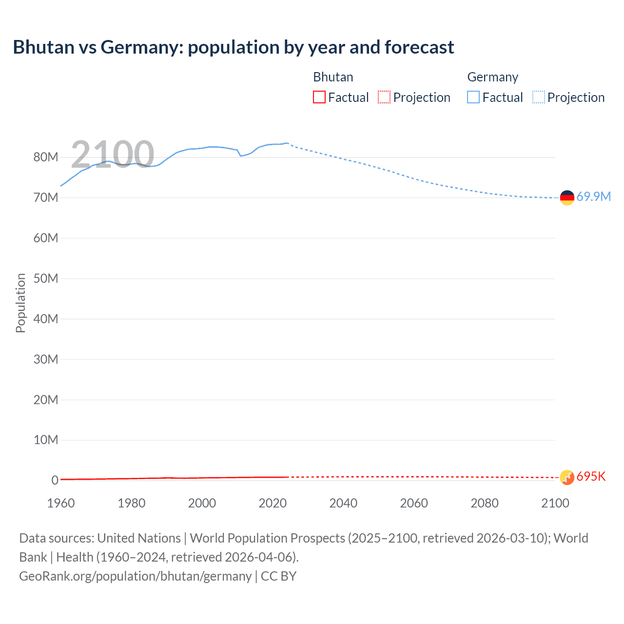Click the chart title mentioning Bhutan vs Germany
tap(233, 47)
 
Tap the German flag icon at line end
tap(567, 197)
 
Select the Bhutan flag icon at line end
tap(567, 477)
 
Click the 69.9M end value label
tap(593, 197)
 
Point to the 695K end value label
tap(591, 477)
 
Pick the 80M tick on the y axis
tap(46, 157)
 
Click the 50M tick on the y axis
tap(46, 278)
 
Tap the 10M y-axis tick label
tap(46, 440)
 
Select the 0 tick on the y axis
tap(55, 480)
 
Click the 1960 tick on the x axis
tap(61, 503)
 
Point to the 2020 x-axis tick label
tap(273, 503)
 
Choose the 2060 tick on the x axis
tap(414, 503)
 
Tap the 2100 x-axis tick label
tap(555, 503)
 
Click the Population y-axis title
tap(20, 303)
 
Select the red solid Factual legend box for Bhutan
tap(319, 97)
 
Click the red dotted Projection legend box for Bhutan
tap(384, 97)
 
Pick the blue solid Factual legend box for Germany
tap(473, 97)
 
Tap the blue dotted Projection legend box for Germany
tap(539, 97)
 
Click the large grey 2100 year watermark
tap(113, 155)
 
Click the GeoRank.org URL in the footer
tap(135, 576)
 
